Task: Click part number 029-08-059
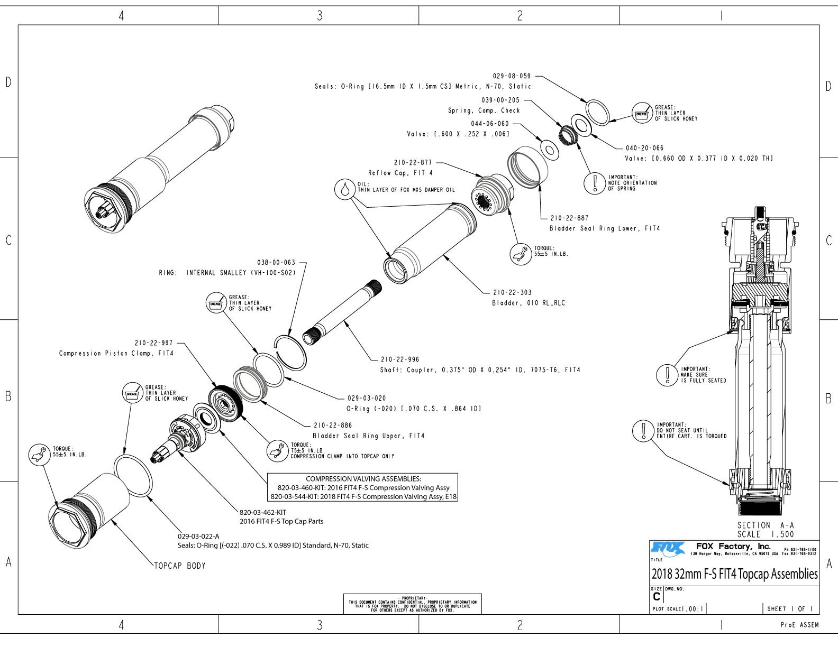tap(512, 76)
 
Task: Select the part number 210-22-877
tap(413, 163)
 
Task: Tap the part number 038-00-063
tap(276, 262)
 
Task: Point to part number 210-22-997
tap(153, 343)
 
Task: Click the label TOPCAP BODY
tap(179, 566)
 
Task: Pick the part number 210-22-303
tap(512, 292)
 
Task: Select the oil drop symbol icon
tap(345, 189)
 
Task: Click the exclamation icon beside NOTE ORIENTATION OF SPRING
tap(595, 183)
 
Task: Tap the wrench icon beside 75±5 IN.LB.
tap(277, 451)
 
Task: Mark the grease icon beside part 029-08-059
tap(642, 113)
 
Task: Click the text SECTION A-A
tap(766, 525)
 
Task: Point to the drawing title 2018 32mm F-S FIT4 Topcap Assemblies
tap(734, 574)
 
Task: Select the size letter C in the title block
tap(657, 597)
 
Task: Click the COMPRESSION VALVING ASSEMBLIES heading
tap(363, 479)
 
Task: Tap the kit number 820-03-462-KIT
tap(263, 512)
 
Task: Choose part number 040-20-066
tap(644, 149)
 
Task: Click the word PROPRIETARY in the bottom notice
tap(413, 598)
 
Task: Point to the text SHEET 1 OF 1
tap(790, 609)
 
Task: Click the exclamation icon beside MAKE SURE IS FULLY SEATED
tap(668, 375)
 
